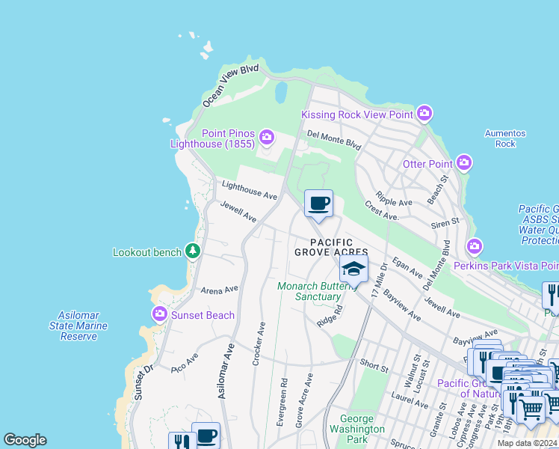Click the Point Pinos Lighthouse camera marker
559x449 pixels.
267,137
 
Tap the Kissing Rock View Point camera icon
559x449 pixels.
424,114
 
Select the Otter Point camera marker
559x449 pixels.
464,163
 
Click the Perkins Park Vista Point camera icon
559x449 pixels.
474,246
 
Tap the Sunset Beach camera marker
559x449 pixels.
158,314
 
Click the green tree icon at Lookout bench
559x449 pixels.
193,251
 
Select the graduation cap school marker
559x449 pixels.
353,269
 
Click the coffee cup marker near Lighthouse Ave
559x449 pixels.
319,203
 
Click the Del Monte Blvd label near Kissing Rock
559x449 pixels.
334,139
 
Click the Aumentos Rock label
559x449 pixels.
505,138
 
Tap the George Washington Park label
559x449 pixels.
362,430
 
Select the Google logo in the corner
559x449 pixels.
25,440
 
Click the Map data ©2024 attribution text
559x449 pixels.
528,443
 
